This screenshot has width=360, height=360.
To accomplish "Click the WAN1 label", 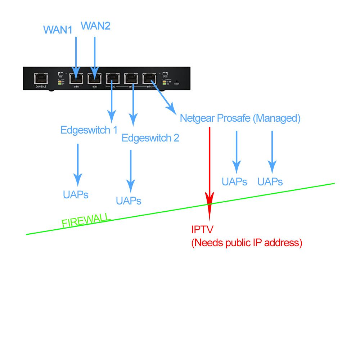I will click(x=58, y=30).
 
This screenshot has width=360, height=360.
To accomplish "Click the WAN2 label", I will click(x=95, y=26).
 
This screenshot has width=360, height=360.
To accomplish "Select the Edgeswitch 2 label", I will click(x=150, y=138).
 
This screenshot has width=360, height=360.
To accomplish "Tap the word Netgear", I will click(x=197, y=118).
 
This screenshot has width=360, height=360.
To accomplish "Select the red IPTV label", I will click(x=202, y=229).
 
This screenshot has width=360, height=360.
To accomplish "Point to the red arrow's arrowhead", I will click(x=210, y=200).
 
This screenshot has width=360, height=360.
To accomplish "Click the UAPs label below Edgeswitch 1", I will click(x=76, y=195).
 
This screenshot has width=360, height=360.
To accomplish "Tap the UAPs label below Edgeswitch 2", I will click(x=129, y=201).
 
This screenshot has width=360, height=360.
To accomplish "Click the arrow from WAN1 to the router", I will click(x=76, y=54).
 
